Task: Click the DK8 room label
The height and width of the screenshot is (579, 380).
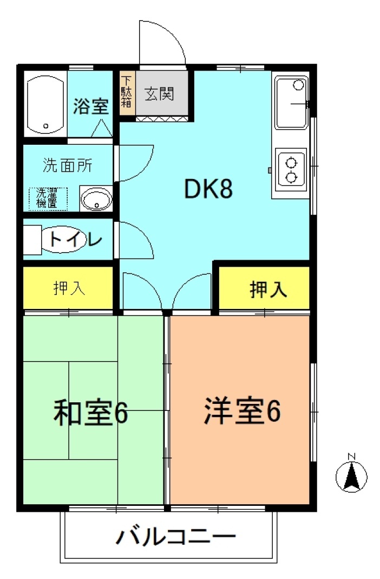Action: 208,189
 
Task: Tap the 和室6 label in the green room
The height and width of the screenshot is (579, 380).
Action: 90,412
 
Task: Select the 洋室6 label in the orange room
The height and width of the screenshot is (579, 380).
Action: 243,410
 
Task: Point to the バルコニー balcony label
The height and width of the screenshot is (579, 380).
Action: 175,537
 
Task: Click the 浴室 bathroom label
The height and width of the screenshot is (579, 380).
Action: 90,106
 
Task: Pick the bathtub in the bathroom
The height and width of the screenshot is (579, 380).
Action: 45,105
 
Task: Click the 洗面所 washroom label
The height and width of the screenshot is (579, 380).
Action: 68,165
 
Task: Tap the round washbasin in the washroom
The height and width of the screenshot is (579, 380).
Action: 96,198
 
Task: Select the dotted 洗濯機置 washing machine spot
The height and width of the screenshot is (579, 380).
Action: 48,198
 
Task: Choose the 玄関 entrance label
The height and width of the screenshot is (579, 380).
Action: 159,94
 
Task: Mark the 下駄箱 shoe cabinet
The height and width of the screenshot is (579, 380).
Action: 127,92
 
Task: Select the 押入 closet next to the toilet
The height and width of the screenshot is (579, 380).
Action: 68,288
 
